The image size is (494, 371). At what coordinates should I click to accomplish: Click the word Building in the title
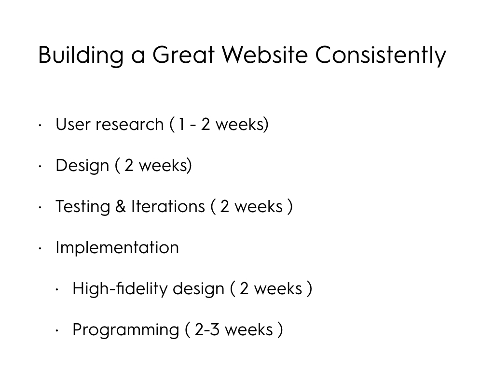(x=81, y=56)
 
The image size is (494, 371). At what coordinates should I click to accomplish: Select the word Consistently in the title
(x=381, y=56)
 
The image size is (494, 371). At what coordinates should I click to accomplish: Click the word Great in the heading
(x=183, y=55)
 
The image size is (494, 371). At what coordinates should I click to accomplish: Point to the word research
(x=130, y=125)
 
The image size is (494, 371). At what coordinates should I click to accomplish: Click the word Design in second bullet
(x=82, y=166)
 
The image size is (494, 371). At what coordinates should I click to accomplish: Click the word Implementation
(x=117, y=248)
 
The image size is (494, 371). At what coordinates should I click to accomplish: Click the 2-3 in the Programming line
(x=207, y=330)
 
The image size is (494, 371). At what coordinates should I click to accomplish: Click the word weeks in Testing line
(x=259, y=207)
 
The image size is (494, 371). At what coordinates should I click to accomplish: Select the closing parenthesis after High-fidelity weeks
(x=309, y=289)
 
